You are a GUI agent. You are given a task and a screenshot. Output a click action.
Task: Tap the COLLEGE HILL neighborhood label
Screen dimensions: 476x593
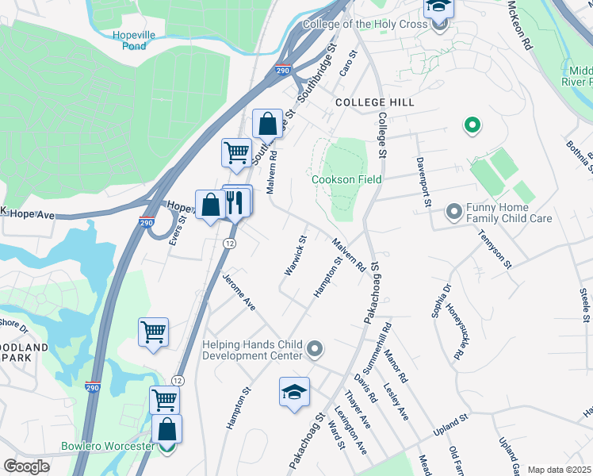point(369,103)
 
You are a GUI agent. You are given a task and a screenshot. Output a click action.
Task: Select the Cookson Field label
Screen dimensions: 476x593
point(346,179)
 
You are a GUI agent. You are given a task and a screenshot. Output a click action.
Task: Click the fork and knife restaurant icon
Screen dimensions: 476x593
point(237,202)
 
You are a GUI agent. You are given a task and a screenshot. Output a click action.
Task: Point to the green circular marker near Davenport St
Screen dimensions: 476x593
point(472,125)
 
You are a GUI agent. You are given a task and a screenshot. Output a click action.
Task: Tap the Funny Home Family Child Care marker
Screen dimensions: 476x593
point(454,211)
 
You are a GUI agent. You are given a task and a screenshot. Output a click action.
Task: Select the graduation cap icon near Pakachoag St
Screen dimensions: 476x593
point(294,392)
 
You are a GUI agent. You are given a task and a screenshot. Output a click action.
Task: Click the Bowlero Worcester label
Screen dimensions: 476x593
point(108,446)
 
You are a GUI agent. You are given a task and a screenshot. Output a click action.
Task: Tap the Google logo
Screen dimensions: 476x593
point(26,466)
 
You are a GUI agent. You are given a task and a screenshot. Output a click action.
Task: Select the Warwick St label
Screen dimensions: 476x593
point(295,255)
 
